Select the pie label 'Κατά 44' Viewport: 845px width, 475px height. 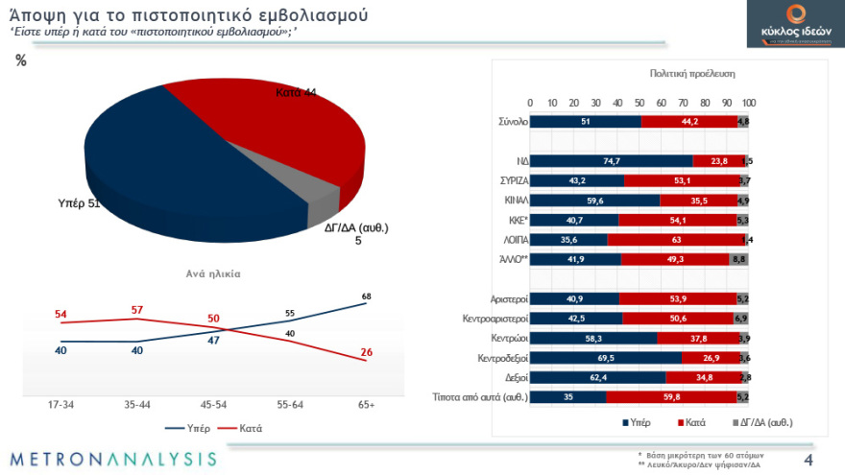tap(296, 92)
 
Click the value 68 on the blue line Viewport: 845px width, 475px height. tap(366, 296)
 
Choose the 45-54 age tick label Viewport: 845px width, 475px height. tap(213, 405)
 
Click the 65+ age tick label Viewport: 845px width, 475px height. tap(366, 405)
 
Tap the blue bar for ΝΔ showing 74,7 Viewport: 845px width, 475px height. tap(611, 161)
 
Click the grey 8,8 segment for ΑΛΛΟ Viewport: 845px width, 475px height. tap(739, 259)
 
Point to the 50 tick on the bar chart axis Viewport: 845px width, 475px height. tap(640, 103)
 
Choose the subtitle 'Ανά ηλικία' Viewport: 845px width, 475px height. tap(212, 273)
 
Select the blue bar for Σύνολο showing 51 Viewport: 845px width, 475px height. tap(586, 122)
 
